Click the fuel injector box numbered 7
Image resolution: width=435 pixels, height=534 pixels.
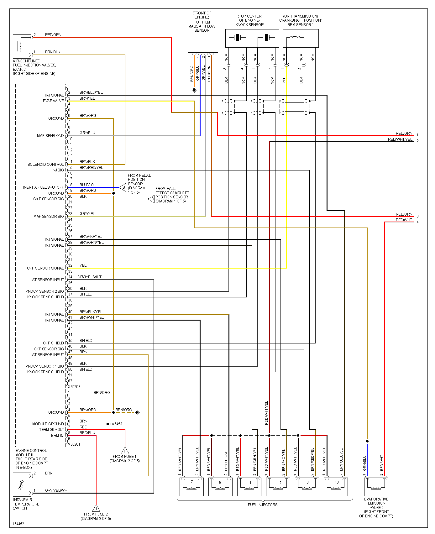[x=191, y=486]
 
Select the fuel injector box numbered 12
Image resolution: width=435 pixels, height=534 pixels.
[x=278, y=486]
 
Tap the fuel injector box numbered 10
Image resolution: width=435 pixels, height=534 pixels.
[x=336, y=486]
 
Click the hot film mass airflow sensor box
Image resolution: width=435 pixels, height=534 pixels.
[x=202, y=43]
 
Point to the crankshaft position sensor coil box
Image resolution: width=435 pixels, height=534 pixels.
[x=301, y=38]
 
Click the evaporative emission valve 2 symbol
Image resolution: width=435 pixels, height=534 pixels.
[x=376, y=486]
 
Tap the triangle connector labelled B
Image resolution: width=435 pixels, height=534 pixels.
[x=123, y=188]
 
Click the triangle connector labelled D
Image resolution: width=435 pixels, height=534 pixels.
[x=152, y=199]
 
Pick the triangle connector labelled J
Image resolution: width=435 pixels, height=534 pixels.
[x=96, y=508]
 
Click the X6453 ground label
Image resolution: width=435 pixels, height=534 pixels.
[x=117, y=424]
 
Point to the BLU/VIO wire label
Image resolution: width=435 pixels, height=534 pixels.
[x=86, y=185]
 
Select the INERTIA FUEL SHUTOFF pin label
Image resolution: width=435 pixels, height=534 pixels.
[x=43, y=187]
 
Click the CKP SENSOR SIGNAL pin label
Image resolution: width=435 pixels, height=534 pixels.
[x=45, y=268]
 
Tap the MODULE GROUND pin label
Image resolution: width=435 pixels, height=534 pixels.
[x=48, y=424]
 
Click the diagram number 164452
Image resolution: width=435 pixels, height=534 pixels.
[x=18, y=524]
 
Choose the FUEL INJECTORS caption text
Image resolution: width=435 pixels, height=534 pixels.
[x=263, y=505]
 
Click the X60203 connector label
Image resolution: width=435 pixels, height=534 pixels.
[x=74, y=387]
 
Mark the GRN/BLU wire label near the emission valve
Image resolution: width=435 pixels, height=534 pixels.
[x=364, y=463]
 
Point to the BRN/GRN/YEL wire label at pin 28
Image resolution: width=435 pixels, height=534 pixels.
[x=92, y=243]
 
